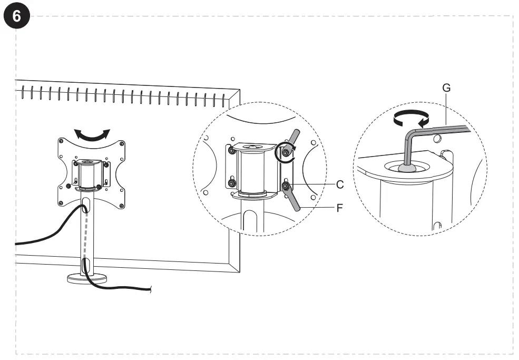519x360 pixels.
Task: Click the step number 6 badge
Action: (x=17, y=16)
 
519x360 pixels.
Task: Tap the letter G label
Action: (x=446, y=88)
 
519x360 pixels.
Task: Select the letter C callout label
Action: (x=340, y=184)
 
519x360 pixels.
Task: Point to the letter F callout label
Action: (x=340, y=208)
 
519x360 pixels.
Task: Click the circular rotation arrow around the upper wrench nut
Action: (x=285, y=152)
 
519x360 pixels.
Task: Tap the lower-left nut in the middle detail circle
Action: (x=231, y=183)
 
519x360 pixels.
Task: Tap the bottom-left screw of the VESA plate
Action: (x=62, y=203)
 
